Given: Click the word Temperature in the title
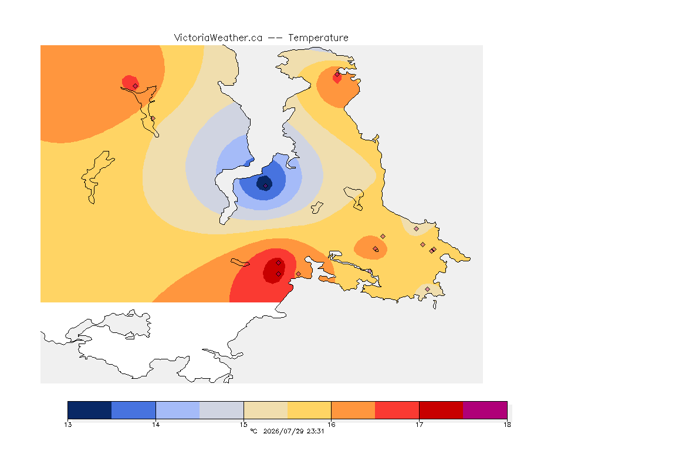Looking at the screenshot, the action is (318, 38).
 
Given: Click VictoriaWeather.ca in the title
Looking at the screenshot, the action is (218, 38).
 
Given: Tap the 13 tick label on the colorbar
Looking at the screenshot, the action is (68, 425).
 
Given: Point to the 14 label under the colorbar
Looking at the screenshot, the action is (156, 425).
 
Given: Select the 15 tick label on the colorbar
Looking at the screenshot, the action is (244, 425).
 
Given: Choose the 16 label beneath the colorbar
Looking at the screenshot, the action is (331, 425).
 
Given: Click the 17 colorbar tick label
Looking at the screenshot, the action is (419, 425).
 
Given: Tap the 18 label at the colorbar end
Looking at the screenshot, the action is (507, 425).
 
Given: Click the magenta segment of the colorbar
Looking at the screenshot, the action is (485, 410).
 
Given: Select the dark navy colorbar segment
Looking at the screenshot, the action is (90, 410).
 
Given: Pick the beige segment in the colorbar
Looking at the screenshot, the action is (266, 410).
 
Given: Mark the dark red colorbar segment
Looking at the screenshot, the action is (441, 410).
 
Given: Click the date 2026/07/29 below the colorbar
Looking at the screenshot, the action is (283, 431).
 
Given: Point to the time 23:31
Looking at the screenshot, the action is (315, 431).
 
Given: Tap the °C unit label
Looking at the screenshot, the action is (253, 431).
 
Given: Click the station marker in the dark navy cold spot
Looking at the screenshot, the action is (266, 186).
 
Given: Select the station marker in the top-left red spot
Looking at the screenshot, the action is (136, 86).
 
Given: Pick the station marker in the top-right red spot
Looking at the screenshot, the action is (337, 75).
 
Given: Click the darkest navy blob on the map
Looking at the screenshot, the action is (264, 183).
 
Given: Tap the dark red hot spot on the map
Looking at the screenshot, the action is (274, 271).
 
